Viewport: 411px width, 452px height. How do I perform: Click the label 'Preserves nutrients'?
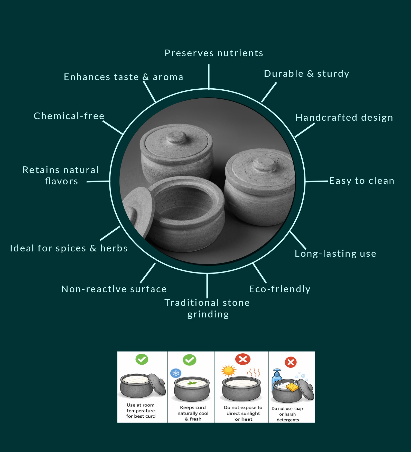(214, 53)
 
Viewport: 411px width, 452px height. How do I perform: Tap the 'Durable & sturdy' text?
(306, 74)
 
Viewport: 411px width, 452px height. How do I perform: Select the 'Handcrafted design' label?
(344, 118)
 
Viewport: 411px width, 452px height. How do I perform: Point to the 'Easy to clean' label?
(362, 181)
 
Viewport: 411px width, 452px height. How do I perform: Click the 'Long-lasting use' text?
(335, 254)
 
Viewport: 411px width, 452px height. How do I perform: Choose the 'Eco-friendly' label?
(280, 289)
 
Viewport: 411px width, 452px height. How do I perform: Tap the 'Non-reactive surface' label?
(114, 289)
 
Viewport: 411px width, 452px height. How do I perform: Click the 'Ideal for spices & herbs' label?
(69, 248)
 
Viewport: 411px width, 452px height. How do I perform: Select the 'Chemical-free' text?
(69, 116)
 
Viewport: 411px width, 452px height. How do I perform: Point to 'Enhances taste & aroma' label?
(124, 77)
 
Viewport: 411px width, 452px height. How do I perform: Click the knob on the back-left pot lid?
(176, 137)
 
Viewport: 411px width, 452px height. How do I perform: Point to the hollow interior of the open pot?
(188, 203)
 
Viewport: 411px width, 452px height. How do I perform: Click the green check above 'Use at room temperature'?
(142, 359)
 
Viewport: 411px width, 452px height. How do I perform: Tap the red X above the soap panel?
(291, 362)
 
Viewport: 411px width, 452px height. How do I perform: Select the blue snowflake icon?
(176, 373)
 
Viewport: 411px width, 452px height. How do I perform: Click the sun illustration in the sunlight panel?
(228, 371)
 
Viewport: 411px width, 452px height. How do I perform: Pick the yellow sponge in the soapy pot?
(292, 387)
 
